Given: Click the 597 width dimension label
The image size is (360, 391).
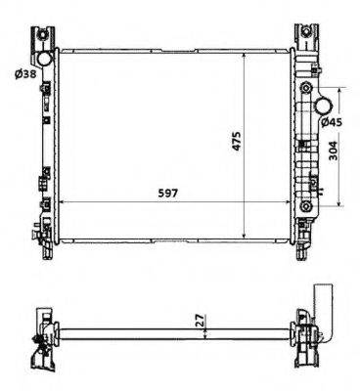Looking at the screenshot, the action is [x=168, y=194].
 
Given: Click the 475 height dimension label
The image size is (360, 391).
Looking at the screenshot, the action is [x=236, y=141].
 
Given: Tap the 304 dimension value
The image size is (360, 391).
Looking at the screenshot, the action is [x=333, y=151].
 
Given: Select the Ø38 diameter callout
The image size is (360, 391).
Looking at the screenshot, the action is [x=25, y=74].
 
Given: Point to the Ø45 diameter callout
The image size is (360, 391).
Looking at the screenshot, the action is [x=331, y=122].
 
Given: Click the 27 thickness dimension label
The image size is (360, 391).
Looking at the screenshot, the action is [x=201, y=320].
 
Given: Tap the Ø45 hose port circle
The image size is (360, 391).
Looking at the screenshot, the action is [x=324, y=106].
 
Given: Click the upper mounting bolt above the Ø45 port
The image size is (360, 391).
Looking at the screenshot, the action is [x=305, y=88].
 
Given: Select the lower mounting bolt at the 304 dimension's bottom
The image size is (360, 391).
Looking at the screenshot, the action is [x=305, y=206].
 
